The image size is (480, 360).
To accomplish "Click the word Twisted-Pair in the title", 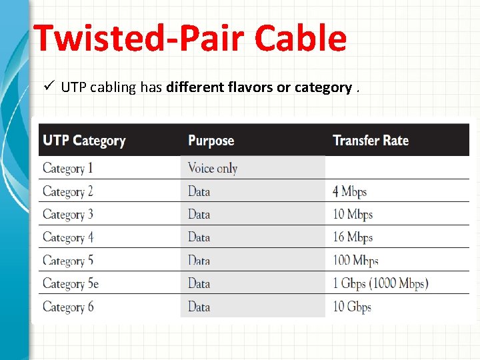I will pos(127,39).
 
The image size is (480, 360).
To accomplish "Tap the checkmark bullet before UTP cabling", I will pos(49,87).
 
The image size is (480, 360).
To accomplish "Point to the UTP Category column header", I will pos(84,141).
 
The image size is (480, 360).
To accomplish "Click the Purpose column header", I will pos(211,141).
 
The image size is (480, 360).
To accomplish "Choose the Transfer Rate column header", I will pos(371,141).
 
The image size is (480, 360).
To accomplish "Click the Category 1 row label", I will pos(68,168).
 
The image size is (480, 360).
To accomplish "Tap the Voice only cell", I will pos(213,168).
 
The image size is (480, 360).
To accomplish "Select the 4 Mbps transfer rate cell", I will pos(350,191).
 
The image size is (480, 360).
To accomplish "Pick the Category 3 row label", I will pos(68,215).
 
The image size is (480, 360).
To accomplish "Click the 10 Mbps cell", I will pos(353,215).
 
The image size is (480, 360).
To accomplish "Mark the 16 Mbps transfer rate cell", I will pos(353,237).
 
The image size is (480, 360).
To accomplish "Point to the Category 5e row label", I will pos(71,284).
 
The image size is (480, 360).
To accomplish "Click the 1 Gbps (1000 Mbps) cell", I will pos(380,284).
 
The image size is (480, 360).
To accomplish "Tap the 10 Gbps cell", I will pos(352,307).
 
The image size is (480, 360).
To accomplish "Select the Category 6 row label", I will pos(68,307).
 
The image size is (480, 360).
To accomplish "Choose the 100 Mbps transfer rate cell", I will pos(356,261).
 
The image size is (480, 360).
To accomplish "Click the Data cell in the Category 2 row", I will pos(199,191).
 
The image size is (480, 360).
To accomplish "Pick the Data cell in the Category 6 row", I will pos(199,307).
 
